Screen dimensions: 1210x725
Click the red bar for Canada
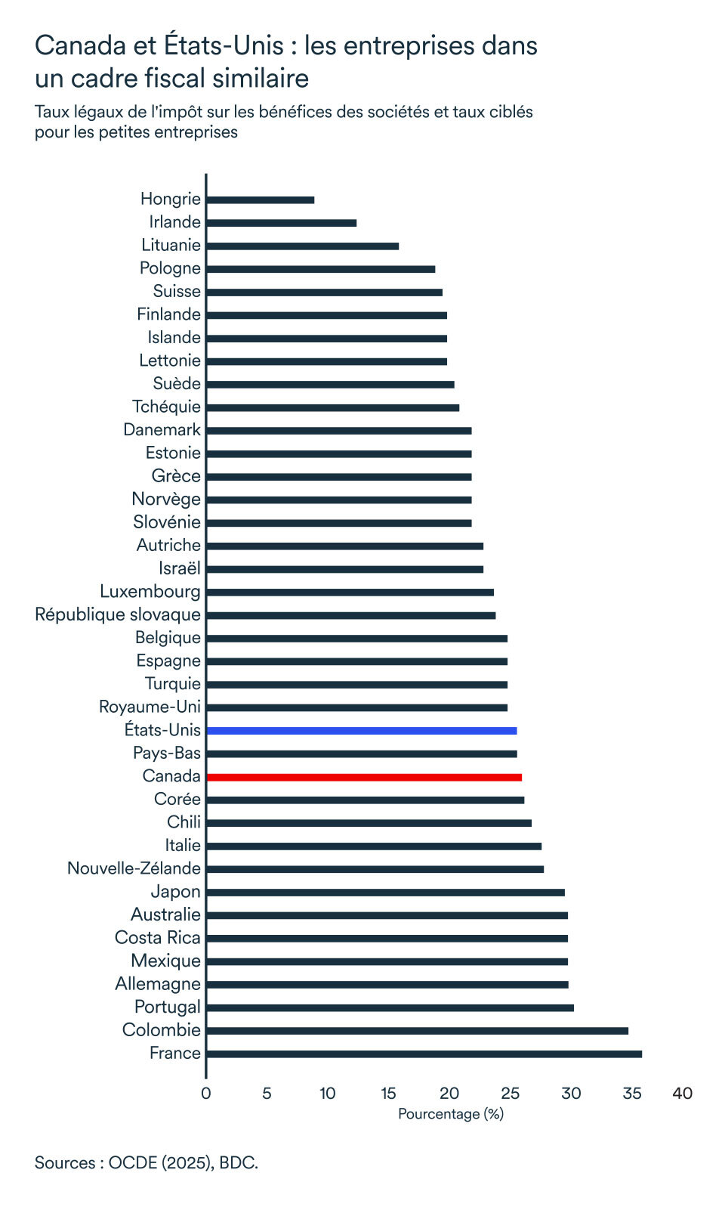pos(363,777)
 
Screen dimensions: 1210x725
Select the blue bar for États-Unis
pos(361,731)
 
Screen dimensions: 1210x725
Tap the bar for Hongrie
pos(260,200)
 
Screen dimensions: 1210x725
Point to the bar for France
pos(424,1054)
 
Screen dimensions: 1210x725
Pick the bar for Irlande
pos(281,223)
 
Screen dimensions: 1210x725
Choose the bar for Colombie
pos(417,1031)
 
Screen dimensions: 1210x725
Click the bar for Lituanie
pos(302,246)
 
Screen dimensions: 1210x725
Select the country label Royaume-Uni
pos(150,707)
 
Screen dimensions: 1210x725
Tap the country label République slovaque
pos(118,614)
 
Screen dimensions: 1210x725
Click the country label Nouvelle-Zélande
pos(134,868)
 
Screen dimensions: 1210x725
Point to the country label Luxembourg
pos(150,591)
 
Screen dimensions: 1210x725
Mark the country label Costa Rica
pos(158,938)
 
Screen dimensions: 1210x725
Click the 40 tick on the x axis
pos(682,1093)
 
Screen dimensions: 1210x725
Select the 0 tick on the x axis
pos(205,1093)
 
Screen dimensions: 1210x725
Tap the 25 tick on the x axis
pos(511,1093)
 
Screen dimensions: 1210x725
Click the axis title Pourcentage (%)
pos(450,1114)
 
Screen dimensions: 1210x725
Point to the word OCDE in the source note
pos(132,1162)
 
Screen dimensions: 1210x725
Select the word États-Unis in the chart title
pos(223,46)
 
